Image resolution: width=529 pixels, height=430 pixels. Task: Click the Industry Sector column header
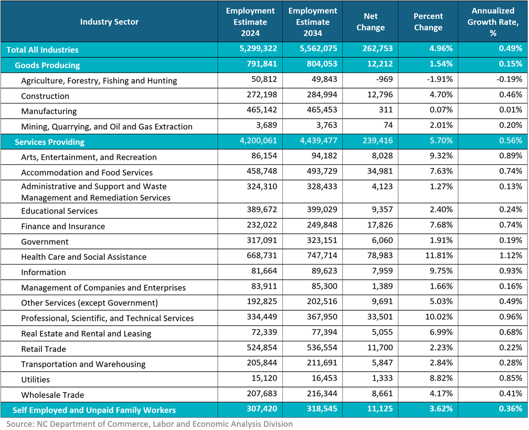point(109,22)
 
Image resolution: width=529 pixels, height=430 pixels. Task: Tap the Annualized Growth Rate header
point(492,22)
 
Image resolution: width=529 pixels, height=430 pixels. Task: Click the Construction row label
point(45,96)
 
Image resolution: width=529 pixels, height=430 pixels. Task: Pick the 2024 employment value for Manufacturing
point(260,111)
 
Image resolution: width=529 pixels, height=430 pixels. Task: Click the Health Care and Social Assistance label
point(83,257)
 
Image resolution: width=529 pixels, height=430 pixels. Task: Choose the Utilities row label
point(35,379)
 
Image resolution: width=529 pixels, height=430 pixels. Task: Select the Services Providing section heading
point(49,142)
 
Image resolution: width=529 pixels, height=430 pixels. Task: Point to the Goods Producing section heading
point(47,65)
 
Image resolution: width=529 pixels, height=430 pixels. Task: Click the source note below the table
point(149,424)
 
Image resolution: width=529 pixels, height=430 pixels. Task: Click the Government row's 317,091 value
point(260,242)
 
